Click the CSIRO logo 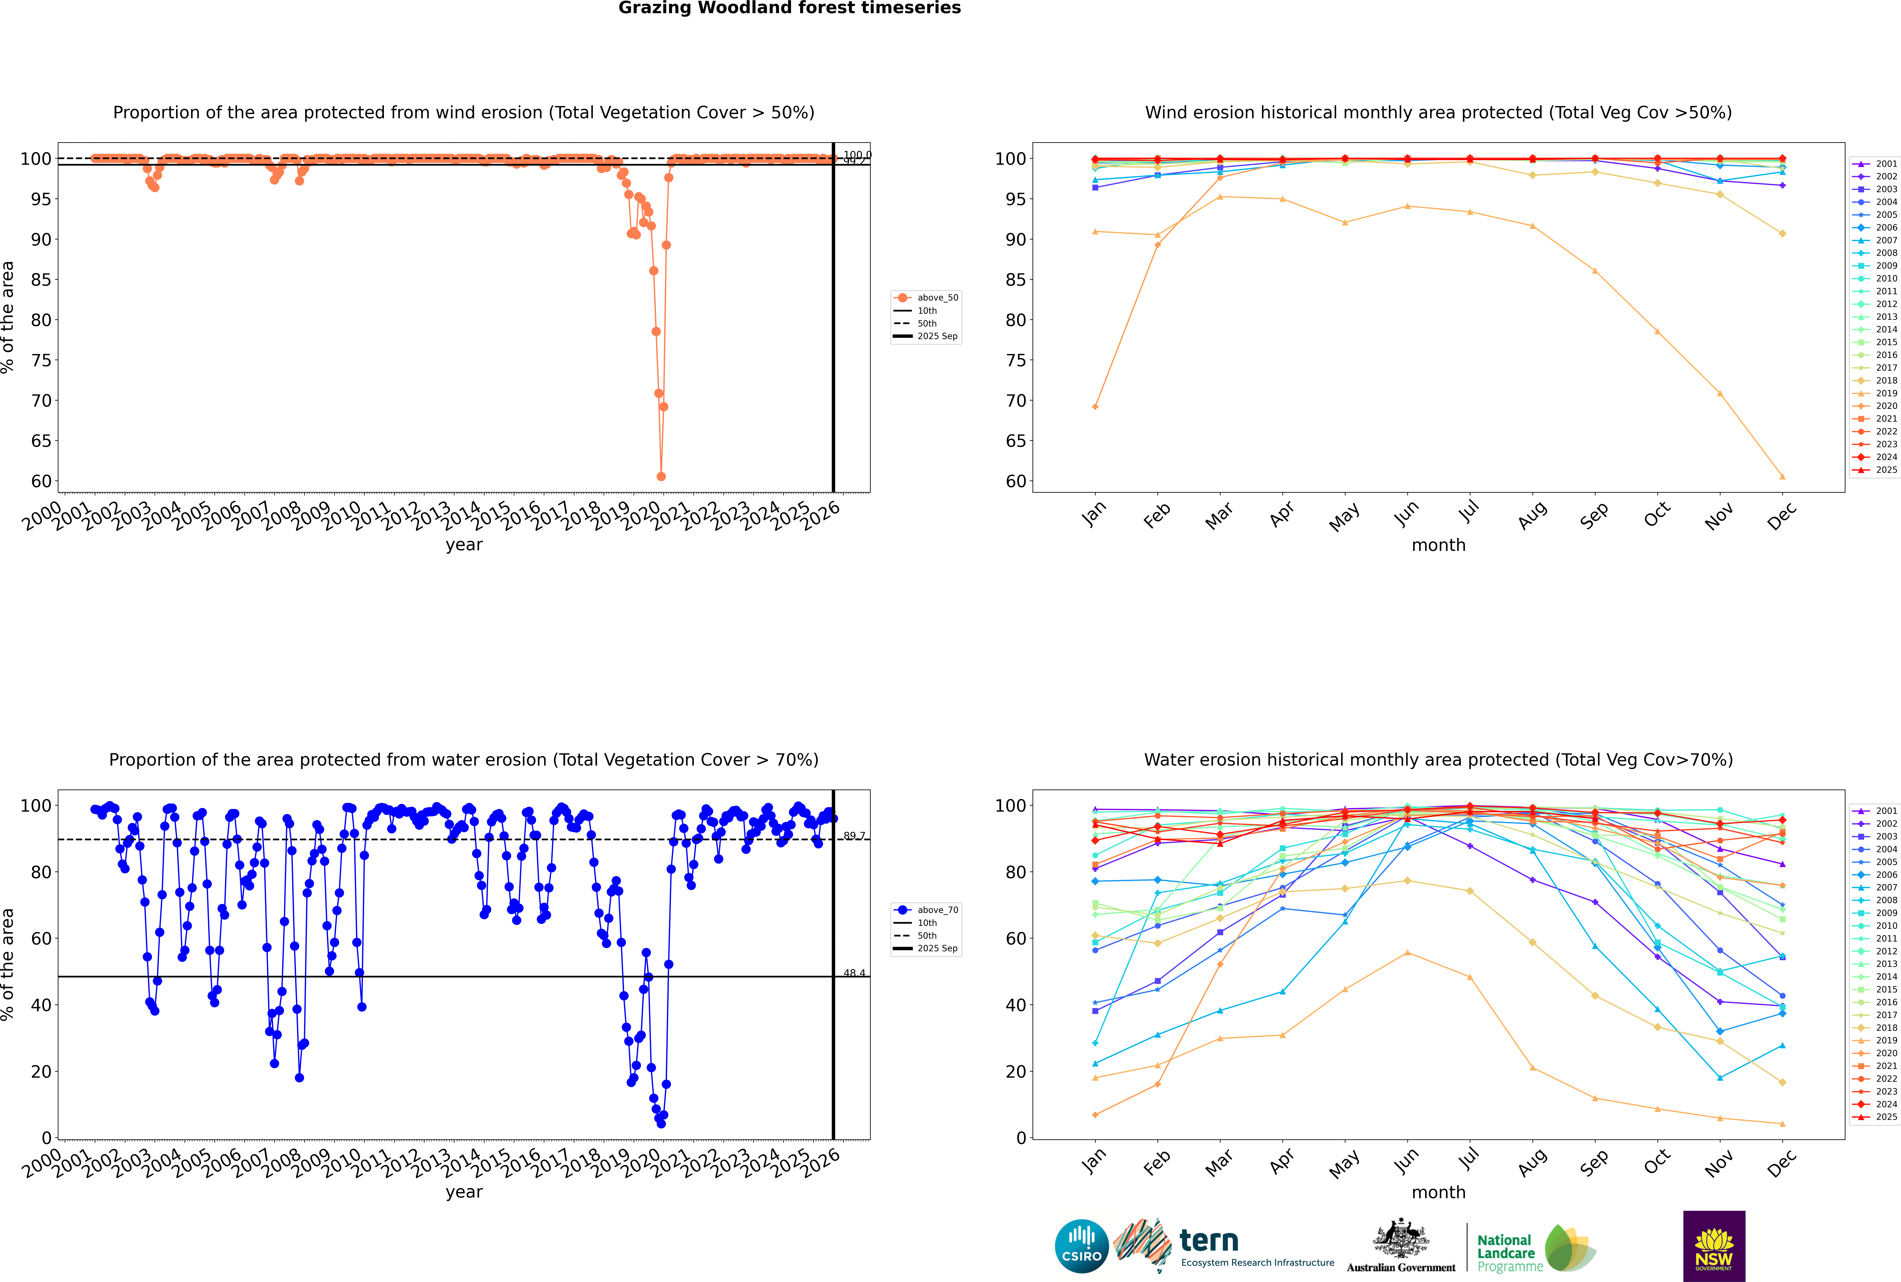click(x=1081, y=1246)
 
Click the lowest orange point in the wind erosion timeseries click(x=661, y=477)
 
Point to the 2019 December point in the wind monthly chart click(x=1783, y=477)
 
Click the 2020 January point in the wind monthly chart click(x=1095, y=406)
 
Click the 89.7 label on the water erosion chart click(x=854, y=836)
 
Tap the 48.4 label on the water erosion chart click(x=854, y=973)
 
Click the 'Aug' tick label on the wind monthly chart click(x=1532, y=515)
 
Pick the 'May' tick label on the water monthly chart click(x=1344, y=1163)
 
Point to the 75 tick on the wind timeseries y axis click(x=41, y=361)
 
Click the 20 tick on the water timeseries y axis click(x=41, y=1071)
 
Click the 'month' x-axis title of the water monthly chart click(x=1438, y=1192)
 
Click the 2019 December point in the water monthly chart click(x=1783, y=1123)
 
